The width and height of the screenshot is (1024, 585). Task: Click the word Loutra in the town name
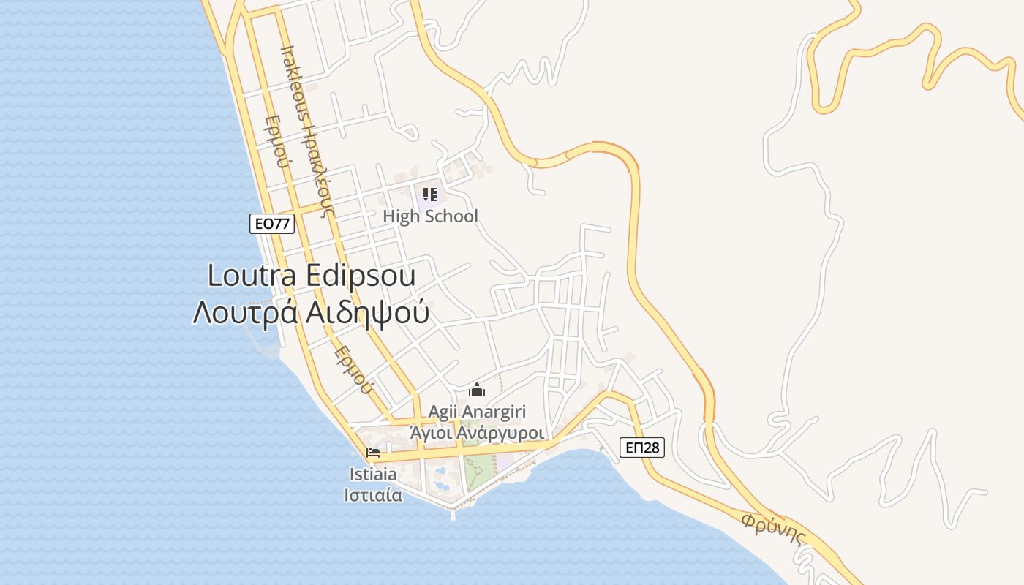point(252,276)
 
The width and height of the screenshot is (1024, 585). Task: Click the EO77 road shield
point(272,224)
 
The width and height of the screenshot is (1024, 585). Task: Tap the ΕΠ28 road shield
point(643,448)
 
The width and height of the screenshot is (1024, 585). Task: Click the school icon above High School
point(430,195)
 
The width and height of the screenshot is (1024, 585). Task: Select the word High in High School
point(401,216)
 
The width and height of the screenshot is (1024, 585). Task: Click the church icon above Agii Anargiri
point(477,390)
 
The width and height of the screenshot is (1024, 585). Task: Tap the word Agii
point(444,412)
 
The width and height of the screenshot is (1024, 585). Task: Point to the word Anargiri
point(495,412)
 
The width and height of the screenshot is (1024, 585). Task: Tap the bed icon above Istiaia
point(373,453)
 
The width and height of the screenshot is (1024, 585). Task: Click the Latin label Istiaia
point(373,475)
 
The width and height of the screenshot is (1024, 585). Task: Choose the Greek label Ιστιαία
point(373,495)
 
